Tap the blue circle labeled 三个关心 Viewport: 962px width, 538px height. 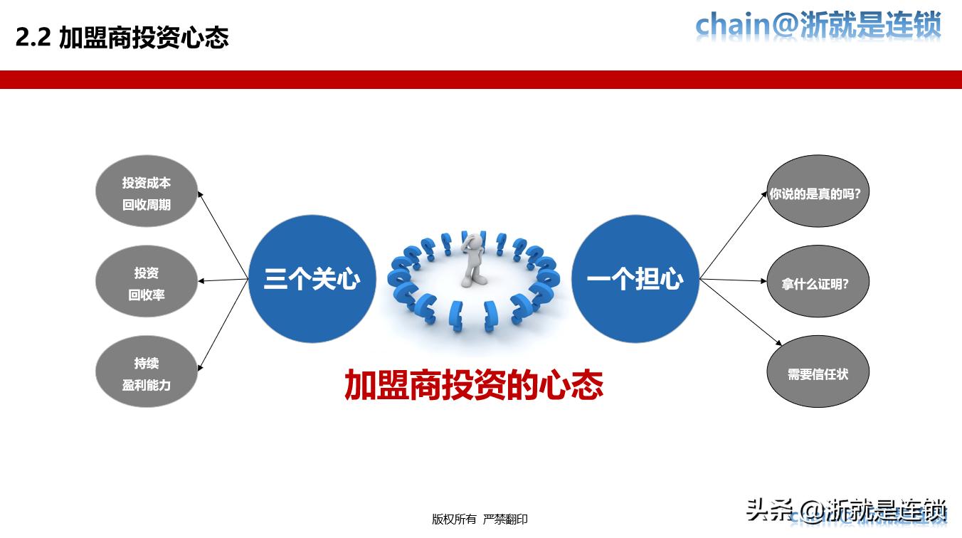coord(312,279)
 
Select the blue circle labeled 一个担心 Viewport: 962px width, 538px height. coord(635,279)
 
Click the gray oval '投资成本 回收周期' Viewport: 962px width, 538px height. coord(146,192)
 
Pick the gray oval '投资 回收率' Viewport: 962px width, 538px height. coord(146,283)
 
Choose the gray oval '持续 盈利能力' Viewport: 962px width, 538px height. coord(146,372)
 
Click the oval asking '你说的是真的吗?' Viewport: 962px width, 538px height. coord(818,192)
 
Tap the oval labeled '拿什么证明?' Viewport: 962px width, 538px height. coord(818,283)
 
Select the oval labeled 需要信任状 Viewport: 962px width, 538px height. coord(818,372)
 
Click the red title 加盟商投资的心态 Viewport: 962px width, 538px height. coord(473,384)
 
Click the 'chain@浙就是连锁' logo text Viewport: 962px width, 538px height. coord(818,26)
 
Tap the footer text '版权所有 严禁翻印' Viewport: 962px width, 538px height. coord(480,519)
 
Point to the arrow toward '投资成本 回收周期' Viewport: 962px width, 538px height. coord(223,234)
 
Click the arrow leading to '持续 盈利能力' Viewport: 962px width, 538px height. coord(223,324)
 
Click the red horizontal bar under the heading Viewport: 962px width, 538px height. coord(481,80)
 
